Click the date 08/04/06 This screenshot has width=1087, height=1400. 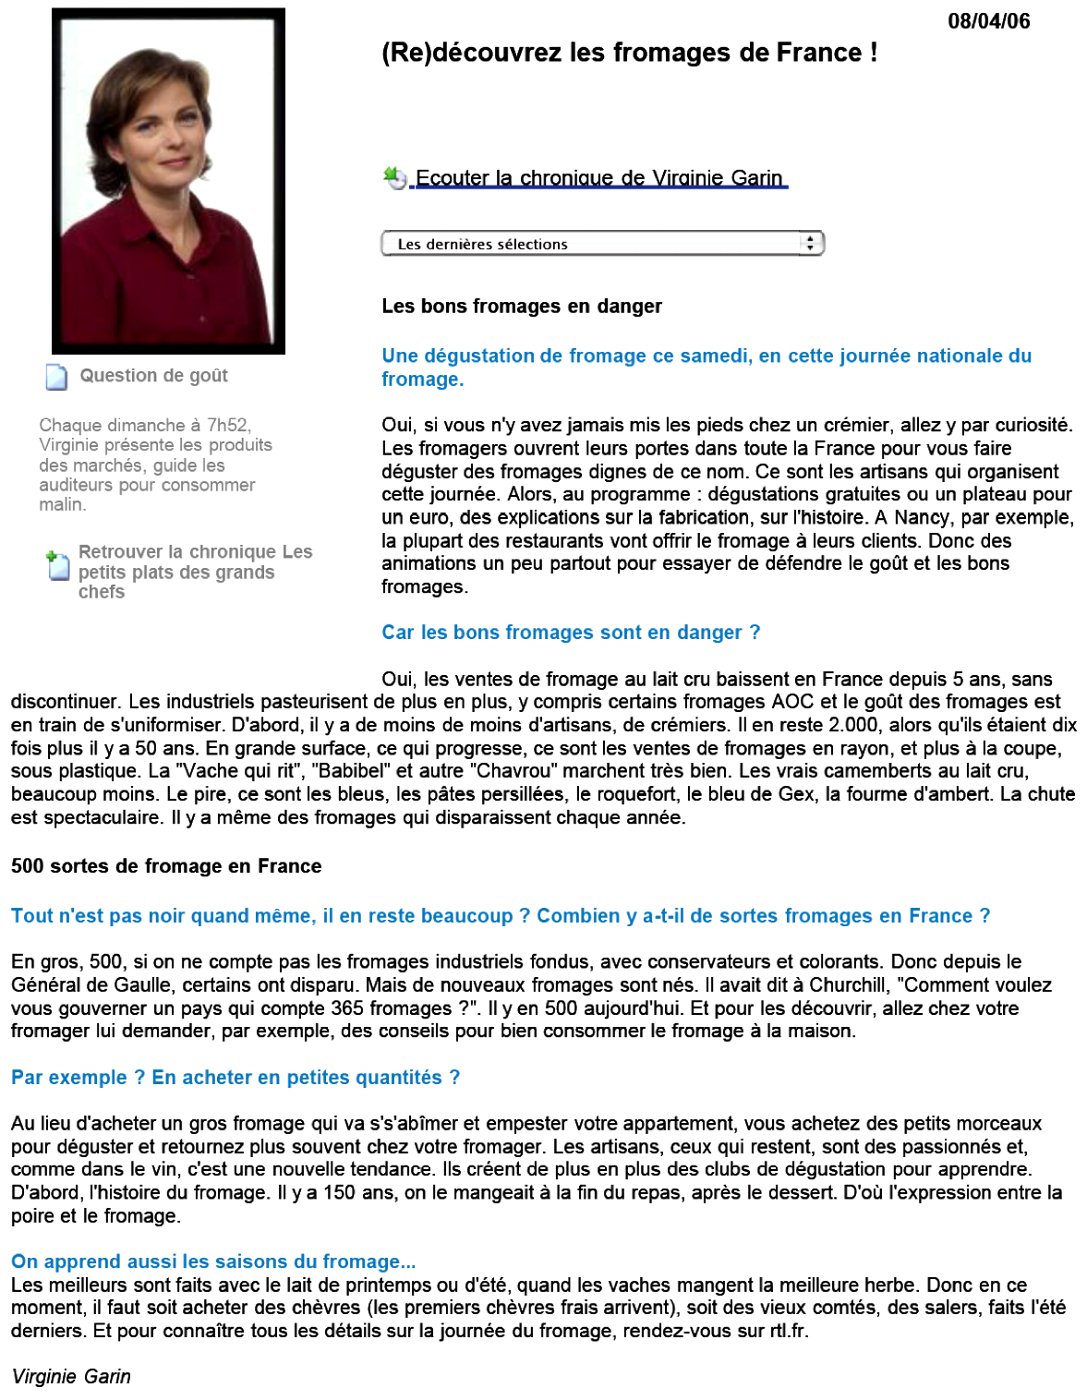coord(988,21)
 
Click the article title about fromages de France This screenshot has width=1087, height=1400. coord(629,53)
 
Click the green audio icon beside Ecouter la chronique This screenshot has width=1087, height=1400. coord(394,177)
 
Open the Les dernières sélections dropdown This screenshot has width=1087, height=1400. coord(591,244)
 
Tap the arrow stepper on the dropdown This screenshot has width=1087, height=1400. coord(810,243)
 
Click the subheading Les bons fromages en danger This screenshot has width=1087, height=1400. coord(522,306)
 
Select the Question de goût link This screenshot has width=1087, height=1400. coord(153,376)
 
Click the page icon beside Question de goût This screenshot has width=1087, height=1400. coord(56,377)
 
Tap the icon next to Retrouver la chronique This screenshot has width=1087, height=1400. coord(57,564)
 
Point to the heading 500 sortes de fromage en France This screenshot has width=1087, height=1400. coord(166,866)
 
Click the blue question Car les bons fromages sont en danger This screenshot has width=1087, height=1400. coord(571,633)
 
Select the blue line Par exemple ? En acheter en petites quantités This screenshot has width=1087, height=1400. coord(236,1078)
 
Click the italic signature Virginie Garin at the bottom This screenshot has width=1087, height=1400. coord(71,1376)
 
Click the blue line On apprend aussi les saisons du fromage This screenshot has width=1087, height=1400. coord(213,1261)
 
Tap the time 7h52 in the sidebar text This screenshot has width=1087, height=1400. coord(227,425)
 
